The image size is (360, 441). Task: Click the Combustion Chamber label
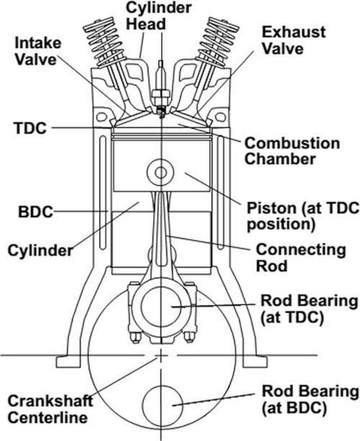tap(292, 151)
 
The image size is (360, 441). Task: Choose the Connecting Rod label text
tap(300, 257)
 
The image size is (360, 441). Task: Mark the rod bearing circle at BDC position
tap(161, 404)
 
